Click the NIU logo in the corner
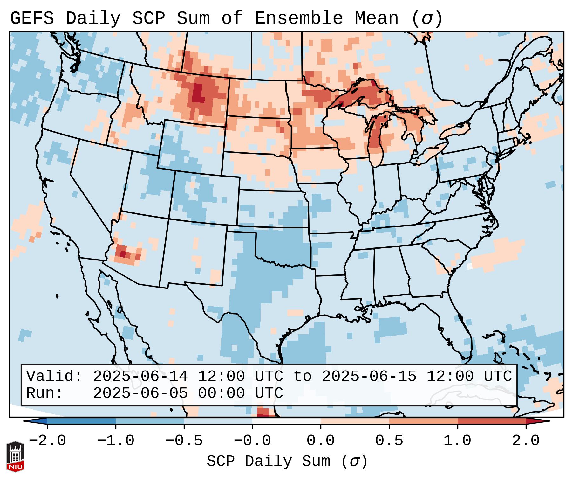point(15,456)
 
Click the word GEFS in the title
point(32,18)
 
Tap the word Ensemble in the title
point(298,18)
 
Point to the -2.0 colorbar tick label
point(47,441)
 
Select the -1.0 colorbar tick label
point(116,441)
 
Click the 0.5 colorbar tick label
point(389,441)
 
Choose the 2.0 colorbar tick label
point(526,441)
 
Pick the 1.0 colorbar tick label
point(457,441)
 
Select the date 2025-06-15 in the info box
point(369,377)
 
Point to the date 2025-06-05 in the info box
point(140,393)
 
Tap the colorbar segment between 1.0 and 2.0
point(492,421)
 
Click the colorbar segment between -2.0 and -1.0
point(81,421)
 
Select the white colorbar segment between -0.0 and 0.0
point(286,421)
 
